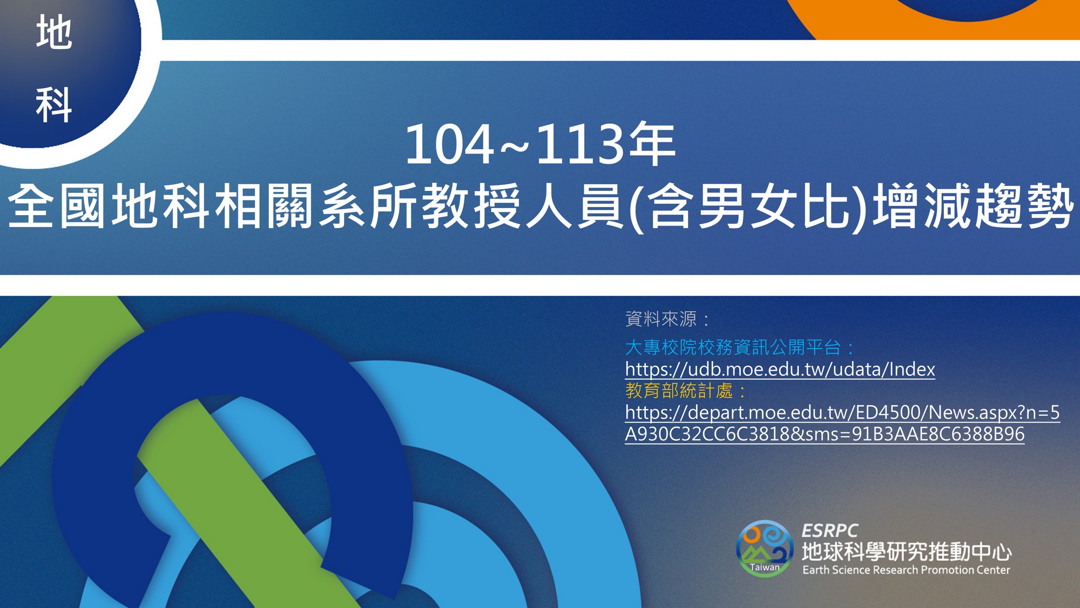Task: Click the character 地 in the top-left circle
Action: pos(54,32)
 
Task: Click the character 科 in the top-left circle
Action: pos(54,105)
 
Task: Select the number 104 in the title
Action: pos(449,144)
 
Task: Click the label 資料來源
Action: pos(661,319)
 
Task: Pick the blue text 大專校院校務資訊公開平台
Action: pos(733,347)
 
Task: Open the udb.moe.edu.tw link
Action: pos(780,369)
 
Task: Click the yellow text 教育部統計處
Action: pos(679,390)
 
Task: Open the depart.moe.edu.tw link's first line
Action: pos(842,412)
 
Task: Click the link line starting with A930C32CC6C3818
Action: pos(825,434)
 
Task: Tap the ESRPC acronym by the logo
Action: pos(830,530)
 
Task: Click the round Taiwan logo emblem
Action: pos(764,548)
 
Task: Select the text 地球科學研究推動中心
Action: pos(907,552)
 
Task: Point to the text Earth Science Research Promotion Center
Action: pos(906,570)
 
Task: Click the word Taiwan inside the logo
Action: pos(765,567)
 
